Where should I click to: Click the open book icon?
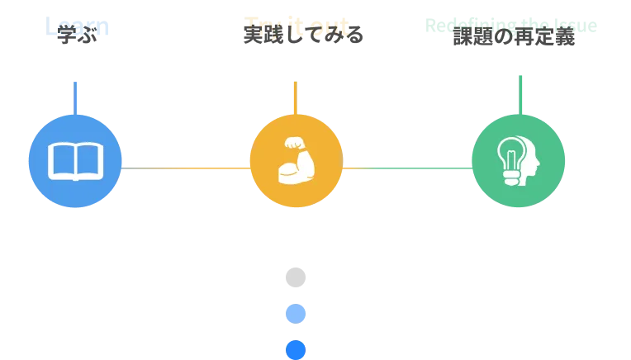tap(75, 161)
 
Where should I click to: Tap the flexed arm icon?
tap(296, 162)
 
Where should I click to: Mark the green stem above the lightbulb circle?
tap(521, 93)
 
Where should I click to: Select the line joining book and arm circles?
tap(186, 169)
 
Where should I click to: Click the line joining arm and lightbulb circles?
tap(406, 168)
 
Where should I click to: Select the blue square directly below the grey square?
tap(295, 314)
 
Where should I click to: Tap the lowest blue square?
tap(295, 349)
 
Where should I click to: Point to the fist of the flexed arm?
tap(293, 141)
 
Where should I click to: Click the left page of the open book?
tap(62, 160)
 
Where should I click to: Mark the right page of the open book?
tap(89, 160)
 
